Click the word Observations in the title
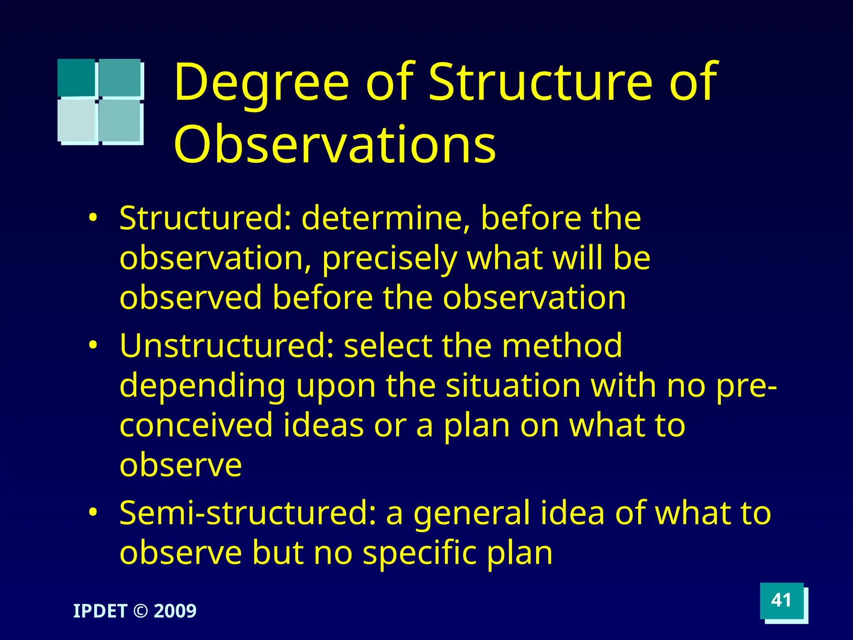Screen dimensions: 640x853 pos(335,145)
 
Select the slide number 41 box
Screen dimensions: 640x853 pos(781,600)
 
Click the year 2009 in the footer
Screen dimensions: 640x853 pos(175,611)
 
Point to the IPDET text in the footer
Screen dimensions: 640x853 pos(100,611)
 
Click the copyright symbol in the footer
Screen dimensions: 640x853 pos(140,611)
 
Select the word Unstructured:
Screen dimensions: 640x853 pos(227,346)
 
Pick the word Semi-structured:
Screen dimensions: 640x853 pos(248,513)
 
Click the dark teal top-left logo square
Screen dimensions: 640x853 pos(76,77)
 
